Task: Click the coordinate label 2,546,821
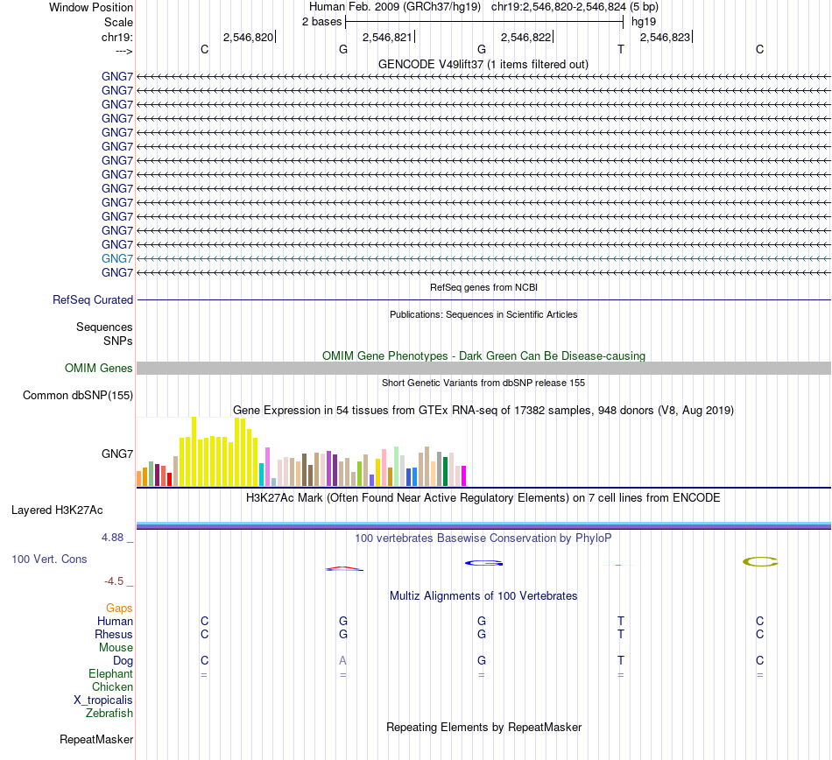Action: (x=386, y=37)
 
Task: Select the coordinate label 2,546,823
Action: (x=665, y=37)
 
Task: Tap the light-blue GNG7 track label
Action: (x=117, y=258)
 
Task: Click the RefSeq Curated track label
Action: (x=93, y=299)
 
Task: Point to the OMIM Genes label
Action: (x=99, y=369)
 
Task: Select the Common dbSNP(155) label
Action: (x=78, y=396)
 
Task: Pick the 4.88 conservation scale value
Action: (x=116, y=538)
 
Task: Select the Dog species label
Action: (x=123, y=661)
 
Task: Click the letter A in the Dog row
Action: (x=343, y=661)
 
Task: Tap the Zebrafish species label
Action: (x=109, y=714)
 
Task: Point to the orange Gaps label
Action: (x=119, y=608)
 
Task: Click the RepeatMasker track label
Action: (x=96, y=740)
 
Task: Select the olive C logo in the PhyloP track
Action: (x=760, y=561)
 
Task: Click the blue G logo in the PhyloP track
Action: (x=482, y=563)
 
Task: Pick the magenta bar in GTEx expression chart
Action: (x=463, y=475)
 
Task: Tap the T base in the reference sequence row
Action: (x=621, y=49)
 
